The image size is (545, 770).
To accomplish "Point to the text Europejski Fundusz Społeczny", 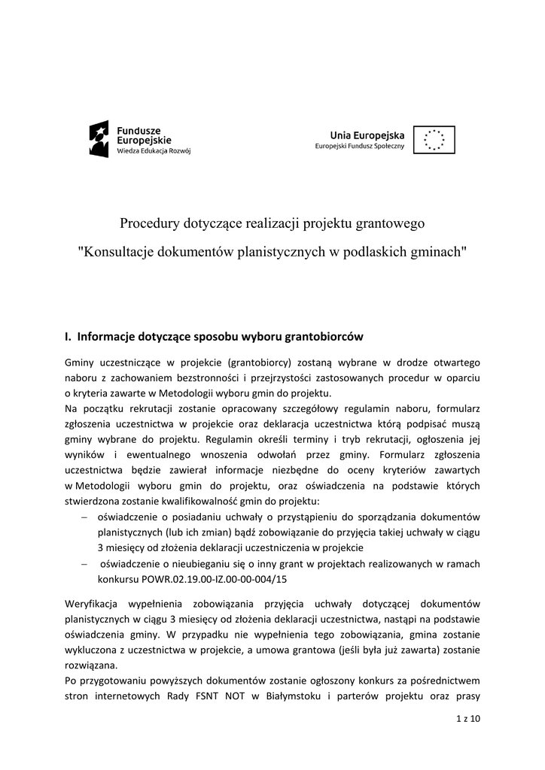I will click(x=359, y=146).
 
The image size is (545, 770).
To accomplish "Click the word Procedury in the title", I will click(x=148, y=223).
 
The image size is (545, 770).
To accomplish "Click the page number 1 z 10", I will click(x=468, y=719).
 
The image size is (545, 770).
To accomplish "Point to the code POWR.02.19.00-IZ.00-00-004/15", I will click(x=192, y=580).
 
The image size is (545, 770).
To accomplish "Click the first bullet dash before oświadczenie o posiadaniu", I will click(x=84, y=517).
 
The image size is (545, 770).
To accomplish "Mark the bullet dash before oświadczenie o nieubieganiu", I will click(x=84, y=564).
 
